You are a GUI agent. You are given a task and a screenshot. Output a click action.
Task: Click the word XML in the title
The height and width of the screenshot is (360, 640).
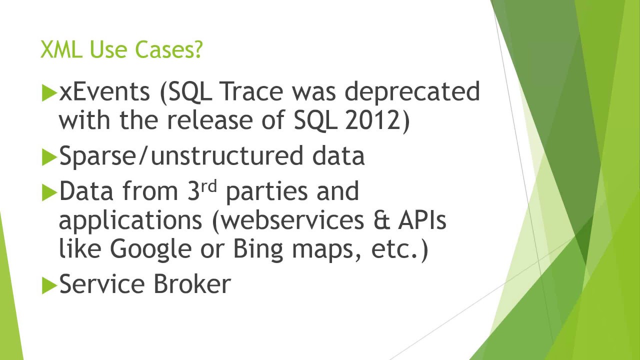[x=61, y=50]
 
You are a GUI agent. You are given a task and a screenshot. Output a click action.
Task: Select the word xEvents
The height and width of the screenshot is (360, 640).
[x=104, y=92]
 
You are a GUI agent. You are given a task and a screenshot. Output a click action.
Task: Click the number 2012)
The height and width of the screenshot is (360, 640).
[x=377, y=120]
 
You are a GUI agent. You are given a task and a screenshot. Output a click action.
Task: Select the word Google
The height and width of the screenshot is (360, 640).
[x=151, y=249]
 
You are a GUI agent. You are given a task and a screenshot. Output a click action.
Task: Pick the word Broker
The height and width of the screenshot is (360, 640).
[x=192, y=284]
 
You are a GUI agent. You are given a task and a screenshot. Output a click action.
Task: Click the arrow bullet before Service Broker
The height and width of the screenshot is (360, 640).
[x=49, y=285]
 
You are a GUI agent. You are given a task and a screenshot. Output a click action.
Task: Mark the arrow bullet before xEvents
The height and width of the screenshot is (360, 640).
[x=49, y=93]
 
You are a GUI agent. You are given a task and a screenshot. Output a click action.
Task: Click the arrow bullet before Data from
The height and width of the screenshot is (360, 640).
[x=49, y=192]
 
